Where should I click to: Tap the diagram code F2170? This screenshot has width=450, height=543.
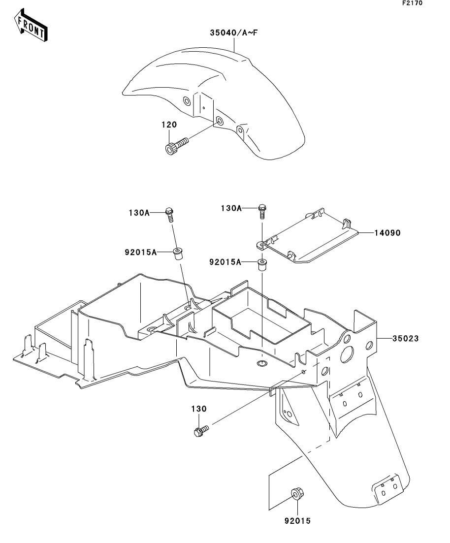pyautogui.click(x=412, y=3)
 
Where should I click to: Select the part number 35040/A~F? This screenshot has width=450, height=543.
pyautogui.click(x=234, y=33)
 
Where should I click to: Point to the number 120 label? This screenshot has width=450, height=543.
pyautogui.click(x=169, y=125)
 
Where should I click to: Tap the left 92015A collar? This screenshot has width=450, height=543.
pyautogui.click(x=178, y=254)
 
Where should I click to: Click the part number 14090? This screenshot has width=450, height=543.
pyautogui.click(x=387, y=233)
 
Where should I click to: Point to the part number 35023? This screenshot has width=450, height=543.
pyautogui.click(x=405, y=338)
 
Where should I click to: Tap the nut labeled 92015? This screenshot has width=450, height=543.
pyautogui.click(x=296, y=493)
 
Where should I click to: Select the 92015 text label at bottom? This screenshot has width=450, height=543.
pyautogui.click(x=297, y=520)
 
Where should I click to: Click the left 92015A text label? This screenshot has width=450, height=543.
pyautogui.click(x=141, y=253)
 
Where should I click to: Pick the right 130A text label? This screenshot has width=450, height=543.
pyautogui.click(x=231, y=208)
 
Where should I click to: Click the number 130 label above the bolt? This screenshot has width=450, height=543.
pyautogui.click(x=199, y=409)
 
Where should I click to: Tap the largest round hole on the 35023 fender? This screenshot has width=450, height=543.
pyautogui.click(x=347, y=354)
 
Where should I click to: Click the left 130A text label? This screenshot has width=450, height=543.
pyautogui.click(x=139, y=213)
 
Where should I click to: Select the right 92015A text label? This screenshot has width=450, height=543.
pyautogui.click(x=225, y=262)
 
